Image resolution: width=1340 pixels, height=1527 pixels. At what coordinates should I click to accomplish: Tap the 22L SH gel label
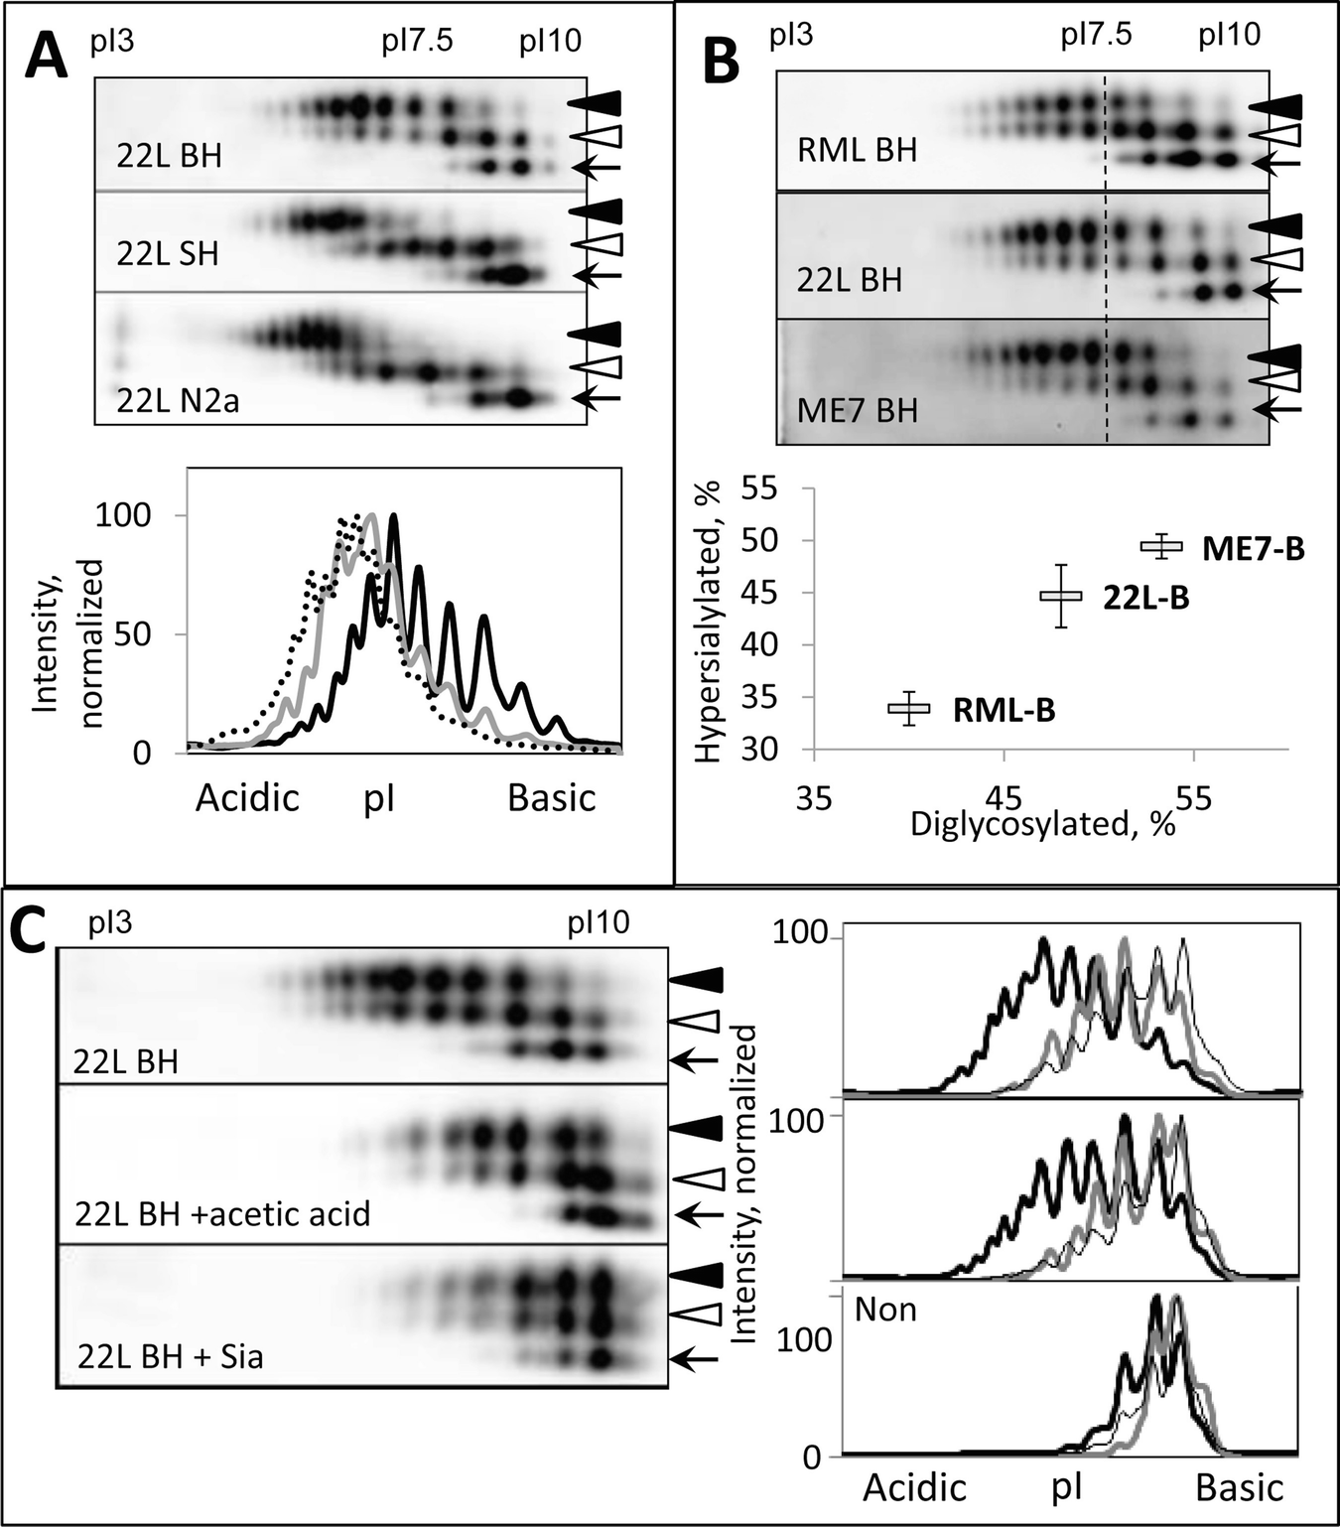[167, 254]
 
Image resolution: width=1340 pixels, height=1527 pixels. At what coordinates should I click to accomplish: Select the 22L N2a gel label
[177, 402]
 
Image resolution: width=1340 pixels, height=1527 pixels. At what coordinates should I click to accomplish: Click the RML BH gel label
[857, 151]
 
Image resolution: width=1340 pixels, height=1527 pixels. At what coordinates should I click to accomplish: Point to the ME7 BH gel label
[858, 410]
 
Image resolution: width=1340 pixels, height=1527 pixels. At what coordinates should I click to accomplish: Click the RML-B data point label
[1004, 710]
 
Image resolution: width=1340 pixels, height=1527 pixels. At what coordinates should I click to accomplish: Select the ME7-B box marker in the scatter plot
[1161, 545]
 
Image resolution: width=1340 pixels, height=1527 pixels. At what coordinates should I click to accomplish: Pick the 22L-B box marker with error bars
[1060, 596]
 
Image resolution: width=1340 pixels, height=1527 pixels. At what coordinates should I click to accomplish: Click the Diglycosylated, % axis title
[1042, 824]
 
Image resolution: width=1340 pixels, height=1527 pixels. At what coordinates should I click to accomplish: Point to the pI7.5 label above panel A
[417, 41]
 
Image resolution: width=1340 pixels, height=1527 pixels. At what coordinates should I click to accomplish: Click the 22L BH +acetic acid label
[222, 1213]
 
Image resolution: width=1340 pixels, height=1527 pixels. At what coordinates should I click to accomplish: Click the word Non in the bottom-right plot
[885, 1311]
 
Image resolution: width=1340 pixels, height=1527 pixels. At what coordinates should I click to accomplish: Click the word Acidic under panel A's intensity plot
[247, 798]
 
